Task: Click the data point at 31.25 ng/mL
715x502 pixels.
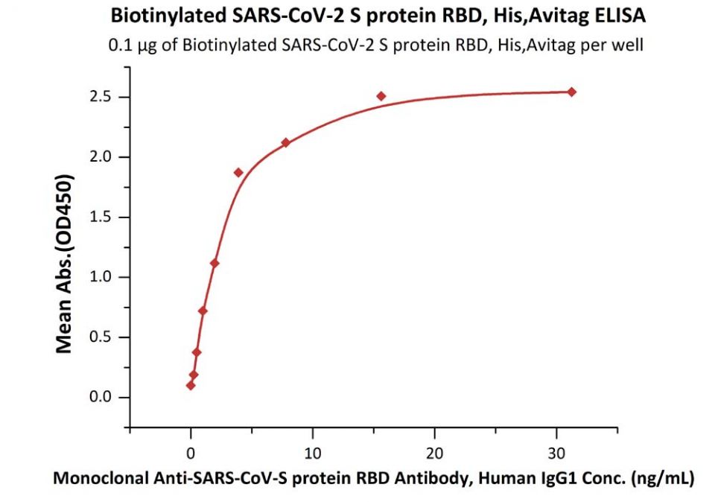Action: [571, 92]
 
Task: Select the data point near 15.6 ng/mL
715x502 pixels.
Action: [381, 96]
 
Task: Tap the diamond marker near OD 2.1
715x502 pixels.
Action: [285, 142]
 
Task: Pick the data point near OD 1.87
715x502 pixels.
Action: [238, 172]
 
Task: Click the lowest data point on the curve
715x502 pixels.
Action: [191, 385]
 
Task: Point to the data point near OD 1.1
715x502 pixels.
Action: [214, 263]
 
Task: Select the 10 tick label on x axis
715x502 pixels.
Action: [313, 452]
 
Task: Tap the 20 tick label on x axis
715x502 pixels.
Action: [435, 452]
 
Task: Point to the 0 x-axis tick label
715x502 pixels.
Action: [191, 452]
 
